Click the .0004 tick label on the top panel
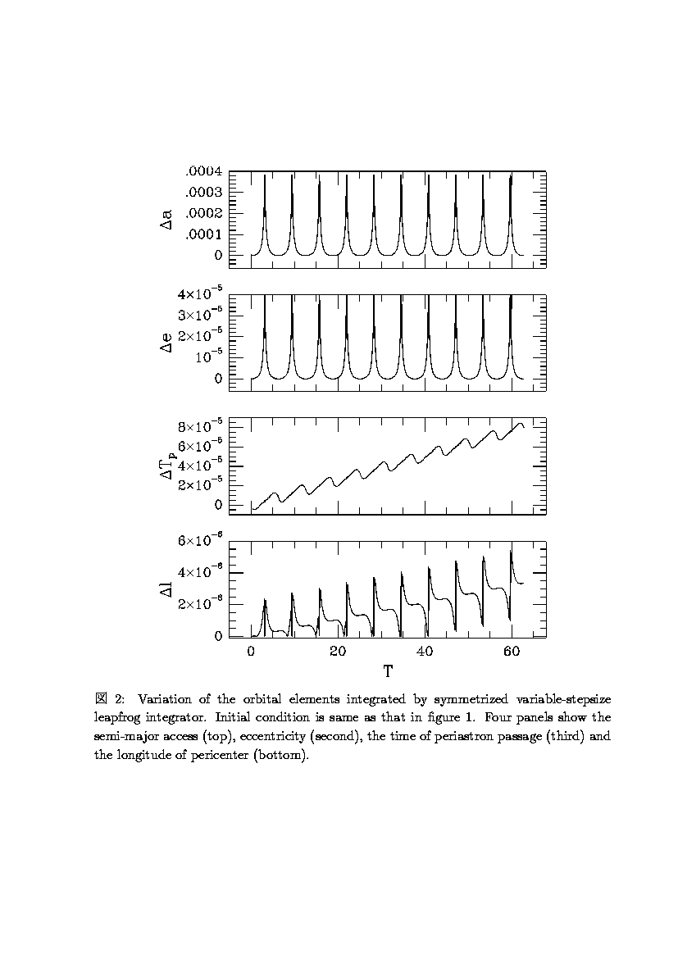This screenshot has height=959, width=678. (x=204, y=171)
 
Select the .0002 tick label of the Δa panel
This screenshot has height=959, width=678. (x=204, y=213)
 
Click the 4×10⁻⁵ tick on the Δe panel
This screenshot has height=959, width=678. (x=201, y=294)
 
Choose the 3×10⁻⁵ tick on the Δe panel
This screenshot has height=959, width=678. (x=201, y=316)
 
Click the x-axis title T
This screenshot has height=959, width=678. (x=387, y=671)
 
